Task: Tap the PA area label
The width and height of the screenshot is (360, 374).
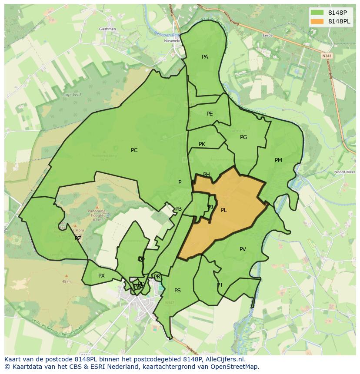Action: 205,57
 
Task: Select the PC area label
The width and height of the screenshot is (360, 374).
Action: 134,150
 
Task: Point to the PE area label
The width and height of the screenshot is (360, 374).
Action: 210,114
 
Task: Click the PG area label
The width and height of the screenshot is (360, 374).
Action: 243,137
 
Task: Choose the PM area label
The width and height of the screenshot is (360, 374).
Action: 278,160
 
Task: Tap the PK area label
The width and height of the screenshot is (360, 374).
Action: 202,144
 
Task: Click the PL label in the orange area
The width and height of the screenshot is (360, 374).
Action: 223,210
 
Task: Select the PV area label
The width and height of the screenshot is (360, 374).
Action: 243,249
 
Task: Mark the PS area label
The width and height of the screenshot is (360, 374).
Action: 177,291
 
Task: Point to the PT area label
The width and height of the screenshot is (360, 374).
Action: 220,285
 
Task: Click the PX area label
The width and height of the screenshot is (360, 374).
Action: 101,276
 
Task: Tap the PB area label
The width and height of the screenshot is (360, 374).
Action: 178,209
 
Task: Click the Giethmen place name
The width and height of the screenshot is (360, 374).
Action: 107,29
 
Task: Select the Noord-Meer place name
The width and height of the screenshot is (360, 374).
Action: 344,172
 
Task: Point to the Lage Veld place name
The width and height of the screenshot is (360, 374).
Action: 72,95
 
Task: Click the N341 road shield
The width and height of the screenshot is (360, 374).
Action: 327,56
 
